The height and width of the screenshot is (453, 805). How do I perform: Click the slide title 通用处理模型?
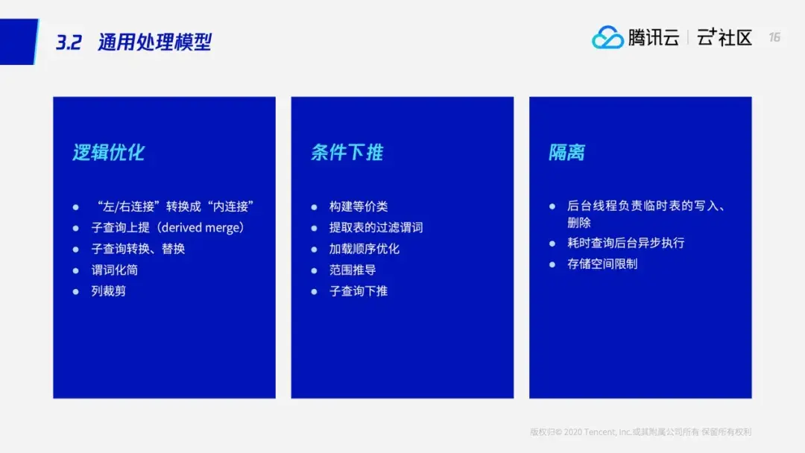click(154, 42)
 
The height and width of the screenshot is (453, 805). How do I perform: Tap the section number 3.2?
click(69, 42)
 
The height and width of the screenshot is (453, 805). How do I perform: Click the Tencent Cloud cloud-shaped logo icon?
click(607, 37)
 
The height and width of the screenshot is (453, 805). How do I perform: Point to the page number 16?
click(774, 37)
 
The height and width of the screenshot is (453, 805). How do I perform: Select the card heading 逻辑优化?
click(108, 153)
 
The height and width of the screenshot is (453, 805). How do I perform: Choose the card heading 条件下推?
click(347, 153)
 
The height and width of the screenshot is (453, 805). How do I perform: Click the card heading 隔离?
click(566, 153)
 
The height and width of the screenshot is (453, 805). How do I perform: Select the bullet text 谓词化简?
click(115, 270)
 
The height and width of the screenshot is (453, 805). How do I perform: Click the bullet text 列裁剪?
click(108, 291)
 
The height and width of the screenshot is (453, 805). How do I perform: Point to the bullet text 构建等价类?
click(359, 206)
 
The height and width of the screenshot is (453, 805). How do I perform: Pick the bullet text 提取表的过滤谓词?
click(376, 227)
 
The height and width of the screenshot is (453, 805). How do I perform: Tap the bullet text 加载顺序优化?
click(364, 249)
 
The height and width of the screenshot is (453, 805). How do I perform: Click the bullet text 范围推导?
click(352, 270)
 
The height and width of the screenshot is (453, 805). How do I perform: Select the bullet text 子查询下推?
click(359, 291)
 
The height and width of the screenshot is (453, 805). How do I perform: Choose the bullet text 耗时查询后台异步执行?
click(626, 243)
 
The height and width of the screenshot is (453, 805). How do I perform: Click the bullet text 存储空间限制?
click(602, 264)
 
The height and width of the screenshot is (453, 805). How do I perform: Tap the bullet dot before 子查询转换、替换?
click(76, 250)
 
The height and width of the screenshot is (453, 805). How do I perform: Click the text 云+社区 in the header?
click(724, 37)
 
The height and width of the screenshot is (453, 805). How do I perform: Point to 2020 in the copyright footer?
click(573, 432)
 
